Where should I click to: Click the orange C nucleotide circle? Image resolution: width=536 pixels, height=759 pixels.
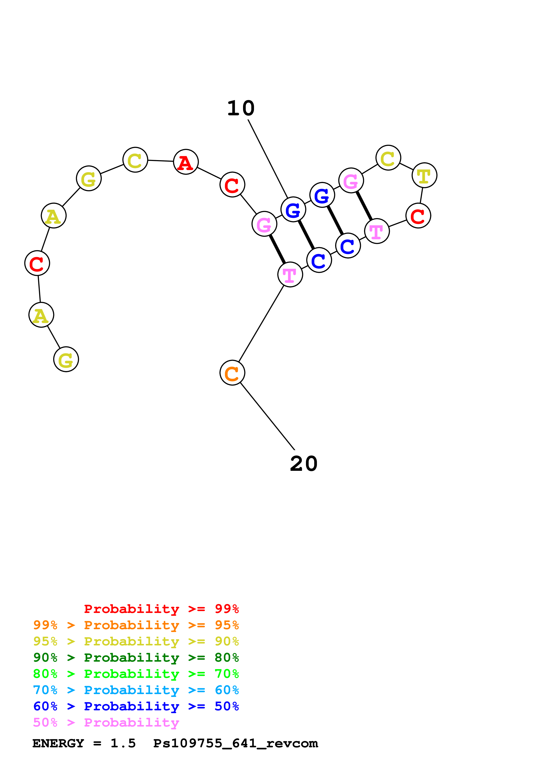pos(232,373)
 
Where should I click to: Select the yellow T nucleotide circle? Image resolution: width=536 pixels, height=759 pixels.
pos(424,175)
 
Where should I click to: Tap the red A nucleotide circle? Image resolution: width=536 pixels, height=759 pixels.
pos(186,162)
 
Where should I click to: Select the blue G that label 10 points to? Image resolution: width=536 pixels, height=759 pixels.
pos(293,209)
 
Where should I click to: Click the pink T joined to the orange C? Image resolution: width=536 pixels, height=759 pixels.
pos(290,274)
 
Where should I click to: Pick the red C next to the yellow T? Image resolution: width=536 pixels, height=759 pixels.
pos(418,215)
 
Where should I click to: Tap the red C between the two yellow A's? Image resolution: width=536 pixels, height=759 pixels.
pos(37,263)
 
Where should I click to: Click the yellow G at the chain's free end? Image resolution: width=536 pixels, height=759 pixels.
pos(66,359)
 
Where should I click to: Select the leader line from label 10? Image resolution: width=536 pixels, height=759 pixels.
pos(268,159)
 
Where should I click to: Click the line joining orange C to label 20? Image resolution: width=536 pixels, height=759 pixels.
pos(267,416)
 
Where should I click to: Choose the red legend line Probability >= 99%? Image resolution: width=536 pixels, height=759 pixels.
pos(162,609)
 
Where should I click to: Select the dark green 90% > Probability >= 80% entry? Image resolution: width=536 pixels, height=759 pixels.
pos(136,658)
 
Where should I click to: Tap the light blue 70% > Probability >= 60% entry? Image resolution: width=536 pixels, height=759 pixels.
pos(136,690)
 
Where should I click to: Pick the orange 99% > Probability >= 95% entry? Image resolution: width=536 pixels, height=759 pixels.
pos(136,625)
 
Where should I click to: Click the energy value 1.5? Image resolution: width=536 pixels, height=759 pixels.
pos(123,743)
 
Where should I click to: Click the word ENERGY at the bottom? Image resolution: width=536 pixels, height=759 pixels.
pos(58,743)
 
